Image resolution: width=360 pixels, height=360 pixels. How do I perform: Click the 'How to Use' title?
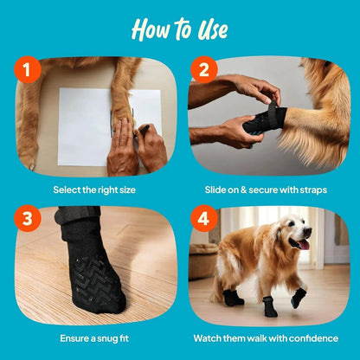(179, 29)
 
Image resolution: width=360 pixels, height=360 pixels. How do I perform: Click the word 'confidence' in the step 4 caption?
(313, 339)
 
